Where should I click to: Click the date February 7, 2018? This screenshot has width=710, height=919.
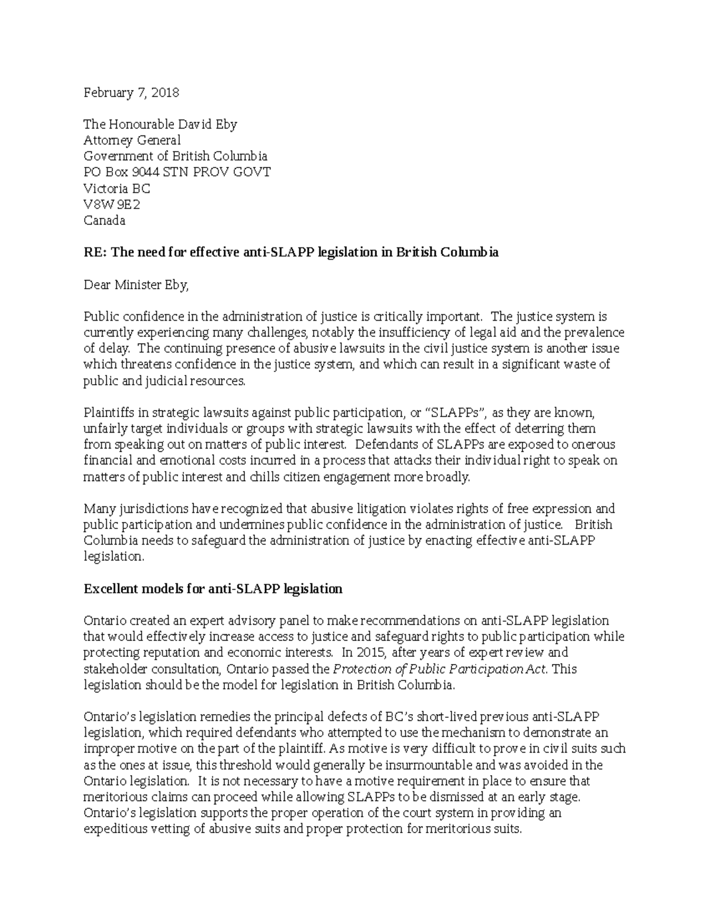131,92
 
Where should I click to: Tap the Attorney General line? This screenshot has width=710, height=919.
132,140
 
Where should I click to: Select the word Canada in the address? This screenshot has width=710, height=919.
104,221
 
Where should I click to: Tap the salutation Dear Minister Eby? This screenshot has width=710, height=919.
136,285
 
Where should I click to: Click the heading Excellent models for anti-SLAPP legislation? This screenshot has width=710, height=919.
213,589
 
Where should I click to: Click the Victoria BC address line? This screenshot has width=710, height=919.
117,189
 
